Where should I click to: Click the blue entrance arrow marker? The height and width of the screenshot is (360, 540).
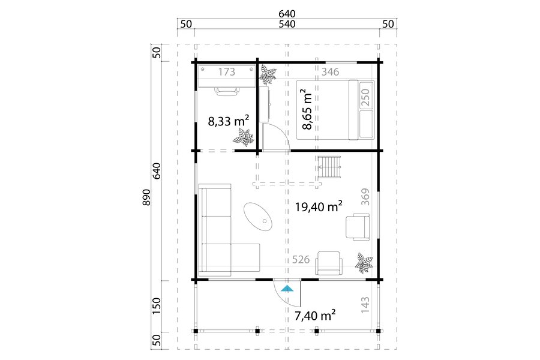pos(287,289)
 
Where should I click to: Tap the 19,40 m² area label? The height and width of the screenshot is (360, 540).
pos(319,206)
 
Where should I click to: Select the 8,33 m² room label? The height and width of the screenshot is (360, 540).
pos(229,121)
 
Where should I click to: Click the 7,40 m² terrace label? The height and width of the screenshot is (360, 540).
pos(315,315)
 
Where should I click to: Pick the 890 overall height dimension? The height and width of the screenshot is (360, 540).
pos(146,197)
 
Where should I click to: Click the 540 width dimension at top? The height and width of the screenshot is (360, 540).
pos(287,24)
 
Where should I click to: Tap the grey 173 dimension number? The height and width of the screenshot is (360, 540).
pos(227,71)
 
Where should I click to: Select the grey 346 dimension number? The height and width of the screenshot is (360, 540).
pos(330,71)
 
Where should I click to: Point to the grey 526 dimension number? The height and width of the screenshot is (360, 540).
pos(301,259)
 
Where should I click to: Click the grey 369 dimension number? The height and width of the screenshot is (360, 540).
pos(365,197)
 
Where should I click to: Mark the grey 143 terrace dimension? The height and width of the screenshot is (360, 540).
pos(365,305)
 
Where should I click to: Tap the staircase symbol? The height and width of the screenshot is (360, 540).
pos(329,167)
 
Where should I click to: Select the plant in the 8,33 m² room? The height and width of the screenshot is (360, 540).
pos(244,137)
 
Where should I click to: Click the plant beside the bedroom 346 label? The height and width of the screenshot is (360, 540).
pos(268,76)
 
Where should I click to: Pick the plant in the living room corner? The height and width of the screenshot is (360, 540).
pos(364,263)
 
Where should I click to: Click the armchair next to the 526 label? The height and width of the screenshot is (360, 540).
pos(329,263)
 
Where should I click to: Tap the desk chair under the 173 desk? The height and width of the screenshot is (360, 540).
pos(227,91)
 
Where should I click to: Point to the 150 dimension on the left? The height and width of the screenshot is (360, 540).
pos(157,305)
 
